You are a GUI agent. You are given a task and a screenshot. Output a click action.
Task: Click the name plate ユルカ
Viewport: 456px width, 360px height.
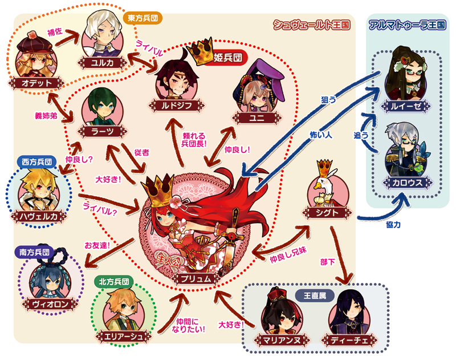coord(103,63)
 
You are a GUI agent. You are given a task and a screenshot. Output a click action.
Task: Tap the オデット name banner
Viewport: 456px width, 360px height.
coord(36,83)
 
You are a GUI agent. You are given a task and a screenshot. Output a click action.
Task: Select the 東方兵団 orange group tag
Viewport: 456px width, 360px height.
coord(142,18)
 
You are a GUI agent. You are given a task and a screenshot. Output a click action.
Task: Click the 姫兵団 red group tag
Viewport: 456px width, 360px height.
coord(227,58)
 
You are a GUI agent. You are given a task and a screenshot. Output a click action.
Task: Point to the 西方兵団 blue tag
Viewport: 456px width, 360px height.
coord(36,162)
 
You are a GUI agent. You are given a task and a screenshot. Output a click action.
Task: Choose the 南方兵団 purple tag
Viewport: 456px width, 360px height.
coord(34,252)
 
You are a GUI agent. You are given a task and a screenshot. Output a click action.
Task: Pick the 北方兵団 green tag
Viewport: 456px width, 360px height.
coord(114,282)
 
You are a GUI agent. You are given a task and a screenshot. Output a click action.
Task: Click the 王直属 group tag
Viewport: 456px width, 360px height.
coord(315,296)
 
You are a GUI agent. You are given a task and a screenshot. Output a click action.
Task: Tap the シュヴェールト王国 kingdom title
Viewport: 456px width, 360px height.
coord(311,25)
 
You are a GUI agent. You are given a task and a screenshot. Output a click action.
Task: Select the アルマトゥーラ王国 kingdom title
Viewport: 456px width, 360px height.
coord(407,25)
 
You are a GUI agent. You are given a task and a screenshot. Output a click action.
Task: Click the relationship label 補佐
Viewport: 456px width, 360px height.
coord(55,31)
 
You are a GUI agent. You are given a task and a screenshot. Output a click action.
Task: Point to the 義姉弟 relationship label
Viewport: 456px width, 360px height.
coord(46,116)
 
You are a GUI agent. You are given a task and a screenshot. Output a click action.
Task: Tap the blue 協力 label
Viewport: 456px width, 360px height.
coord(393,225)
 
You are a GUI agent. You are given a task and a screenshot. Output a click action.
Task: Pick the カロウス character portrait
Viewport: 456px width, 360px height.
coord(406,151)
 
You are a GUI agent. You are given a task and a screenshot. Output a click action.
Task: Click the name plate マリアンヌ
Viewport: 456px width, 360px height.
coord(282,339)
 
